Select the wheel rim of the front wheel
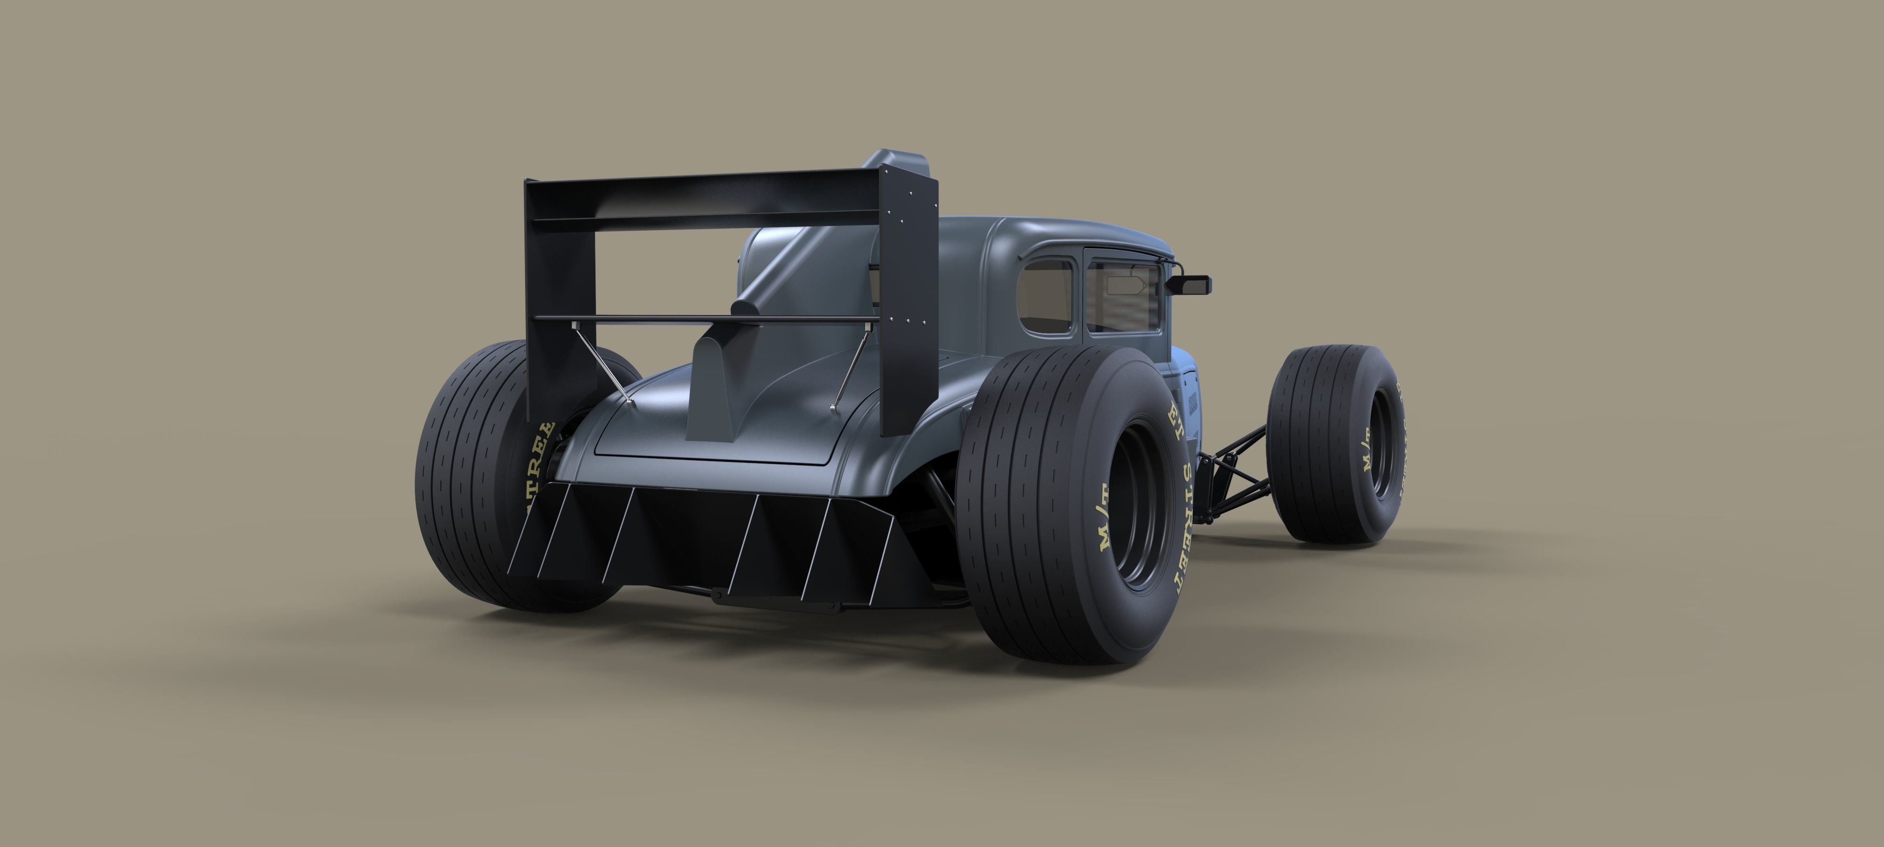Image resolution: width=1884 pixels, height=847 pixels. pyautogui.click(x=1381, y=446)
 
